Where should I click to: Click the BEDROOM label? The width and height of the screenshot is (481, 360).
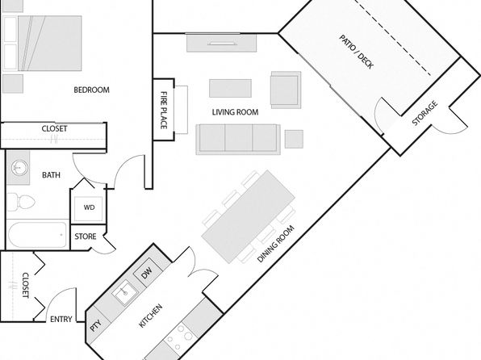point(91,90)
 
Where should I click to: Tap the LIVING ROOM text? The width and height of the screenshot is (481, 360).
point(235,112)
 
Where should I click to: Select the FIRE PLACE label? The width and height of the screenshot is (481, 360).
point(164,110)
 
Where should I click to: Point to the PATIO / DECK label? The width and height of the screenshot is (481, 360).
point(356,52)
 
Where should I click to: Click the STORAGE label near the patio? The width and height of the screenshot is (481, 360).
point(425,113)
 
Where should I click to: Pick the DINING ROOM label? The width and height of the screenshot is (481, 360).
point(275,244)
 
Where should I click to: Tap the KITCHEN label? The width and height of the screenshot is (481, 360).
point(150,316)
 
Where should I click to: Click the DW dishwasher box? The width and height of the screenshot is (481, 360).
point(147,273)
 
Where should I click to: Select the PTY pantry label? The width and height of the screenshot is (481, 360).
point(96,325)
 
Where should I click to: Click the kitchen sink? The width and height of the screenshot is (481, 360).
point(125,292)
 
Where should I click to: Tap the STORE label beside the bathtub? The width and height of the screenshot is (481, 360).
point(86,237)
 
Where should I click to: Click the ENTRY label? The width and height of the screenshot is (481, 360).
point(61,320)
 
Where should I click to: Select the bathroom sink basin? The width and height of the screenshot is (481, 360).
point(19,168)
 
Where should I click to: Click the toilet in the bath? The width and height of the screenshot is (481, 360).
point(20,202)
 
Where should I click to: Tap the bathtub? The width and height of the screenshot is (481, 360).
point(37,235)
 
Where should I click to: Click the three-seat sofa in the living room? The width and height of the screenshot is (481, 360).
point(238,139)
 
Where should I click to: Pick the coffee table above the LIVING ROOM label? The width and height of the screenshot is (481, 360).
point(230,89)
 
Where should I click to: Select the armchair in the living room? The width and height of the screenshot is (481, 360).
point(286,90)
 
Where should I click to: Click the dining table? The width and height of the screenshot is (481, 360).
point(249,216)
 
